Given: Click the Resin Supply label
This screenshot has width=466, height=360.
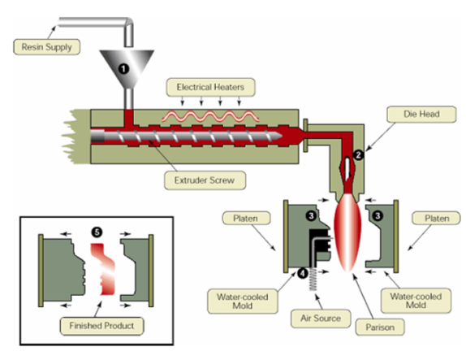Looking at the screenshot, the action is point(46,46).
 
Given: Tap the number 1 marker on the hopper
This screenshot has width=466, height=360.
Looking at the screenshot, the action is point(123,69).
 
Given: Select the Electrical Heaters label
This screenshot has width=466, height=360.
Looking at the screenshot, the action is point(210,87).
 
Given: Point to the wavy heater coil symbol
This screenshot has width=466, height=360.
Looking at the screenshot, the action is point(210,116).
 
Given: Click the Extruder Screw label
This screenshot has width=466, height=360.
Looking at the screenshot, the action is point(205,180).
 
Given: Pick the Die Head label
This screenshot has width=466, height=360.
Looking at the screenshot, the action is point(421,114).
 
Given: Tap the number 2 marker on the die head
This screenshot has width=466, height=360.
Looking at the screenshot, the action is point(358,154).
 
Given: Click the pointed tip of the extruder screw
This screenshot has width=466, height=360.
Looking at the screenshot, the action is point(282,137).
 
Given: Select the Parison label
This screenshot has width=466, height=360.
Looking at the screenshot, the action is point(380,327).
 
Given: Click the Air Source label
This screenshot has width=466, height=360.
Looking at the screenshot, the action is point(321,319).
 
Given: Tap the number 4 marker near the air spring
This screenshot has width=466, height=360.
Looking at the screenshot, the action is point(303,273).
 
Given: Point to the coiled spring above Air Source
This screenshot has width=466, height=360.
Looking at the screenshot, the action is point(313,279).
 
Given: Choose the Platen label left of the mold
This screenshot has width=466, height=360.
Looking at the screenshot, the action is point(246,219).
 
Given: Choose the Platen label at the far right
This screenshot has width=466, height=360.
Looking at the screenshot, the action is point(437,219).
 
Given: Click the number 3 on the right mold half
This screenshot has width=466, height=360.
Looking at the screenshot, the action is point(378,215).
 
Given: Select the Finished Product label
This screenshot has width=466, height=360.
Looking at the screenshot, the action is point(101,326).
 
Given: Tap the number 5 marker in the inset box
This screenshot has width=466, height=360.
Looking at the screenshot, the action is point(97,232).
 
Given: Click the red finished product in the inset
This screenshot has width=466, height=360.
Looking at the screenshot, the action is point(103,269).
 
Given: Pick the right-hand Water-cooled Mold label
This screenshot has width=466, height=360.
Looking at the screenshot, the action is point(416,301).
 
